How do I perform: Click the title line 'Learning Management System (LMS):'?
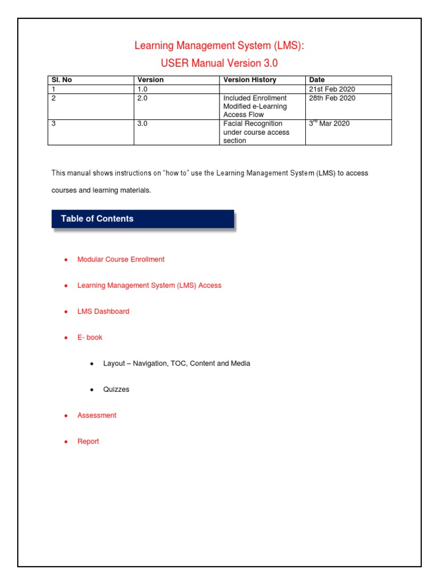click(x=219, y=46)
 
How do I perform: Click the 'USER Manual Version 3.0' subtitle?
click(x=219, y=63)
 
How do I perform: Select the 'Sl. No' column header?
click(x=62, y=80)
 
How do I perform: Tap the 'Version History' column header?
click(x=250, y=80)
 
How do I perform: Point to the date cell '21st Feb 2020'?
click(x=332, y=90)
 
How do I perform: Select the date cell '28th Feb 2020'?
click(x=332, y=98)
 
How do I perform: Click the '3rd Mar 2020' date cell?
click(x=329, y=123)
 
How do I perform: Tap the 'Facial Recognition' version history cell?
click(x=253, y=132)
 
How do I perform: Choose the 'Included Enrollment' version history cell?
click(x=255, y=106)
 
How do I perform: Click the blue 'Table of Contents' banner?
click(x=142, y=219)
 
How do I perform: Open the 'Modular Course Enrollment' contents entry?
click(x=121, y=259)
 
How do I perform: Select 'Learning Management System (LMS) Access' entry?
click(x=149, y=285)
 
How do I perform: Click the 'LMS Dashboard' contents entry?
click(x=103, y=311)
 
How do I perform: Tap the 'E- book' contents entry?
click(x=90, y=338)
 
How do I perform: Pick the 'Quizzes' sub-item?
click(x=116, y=390)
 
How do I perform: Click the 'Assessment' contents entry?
click(x=97, y=415)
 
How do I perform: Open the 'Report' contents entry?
click(x=88, y=442)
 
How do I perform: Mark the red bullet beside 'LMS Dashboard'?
click(x=66, y=312)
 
